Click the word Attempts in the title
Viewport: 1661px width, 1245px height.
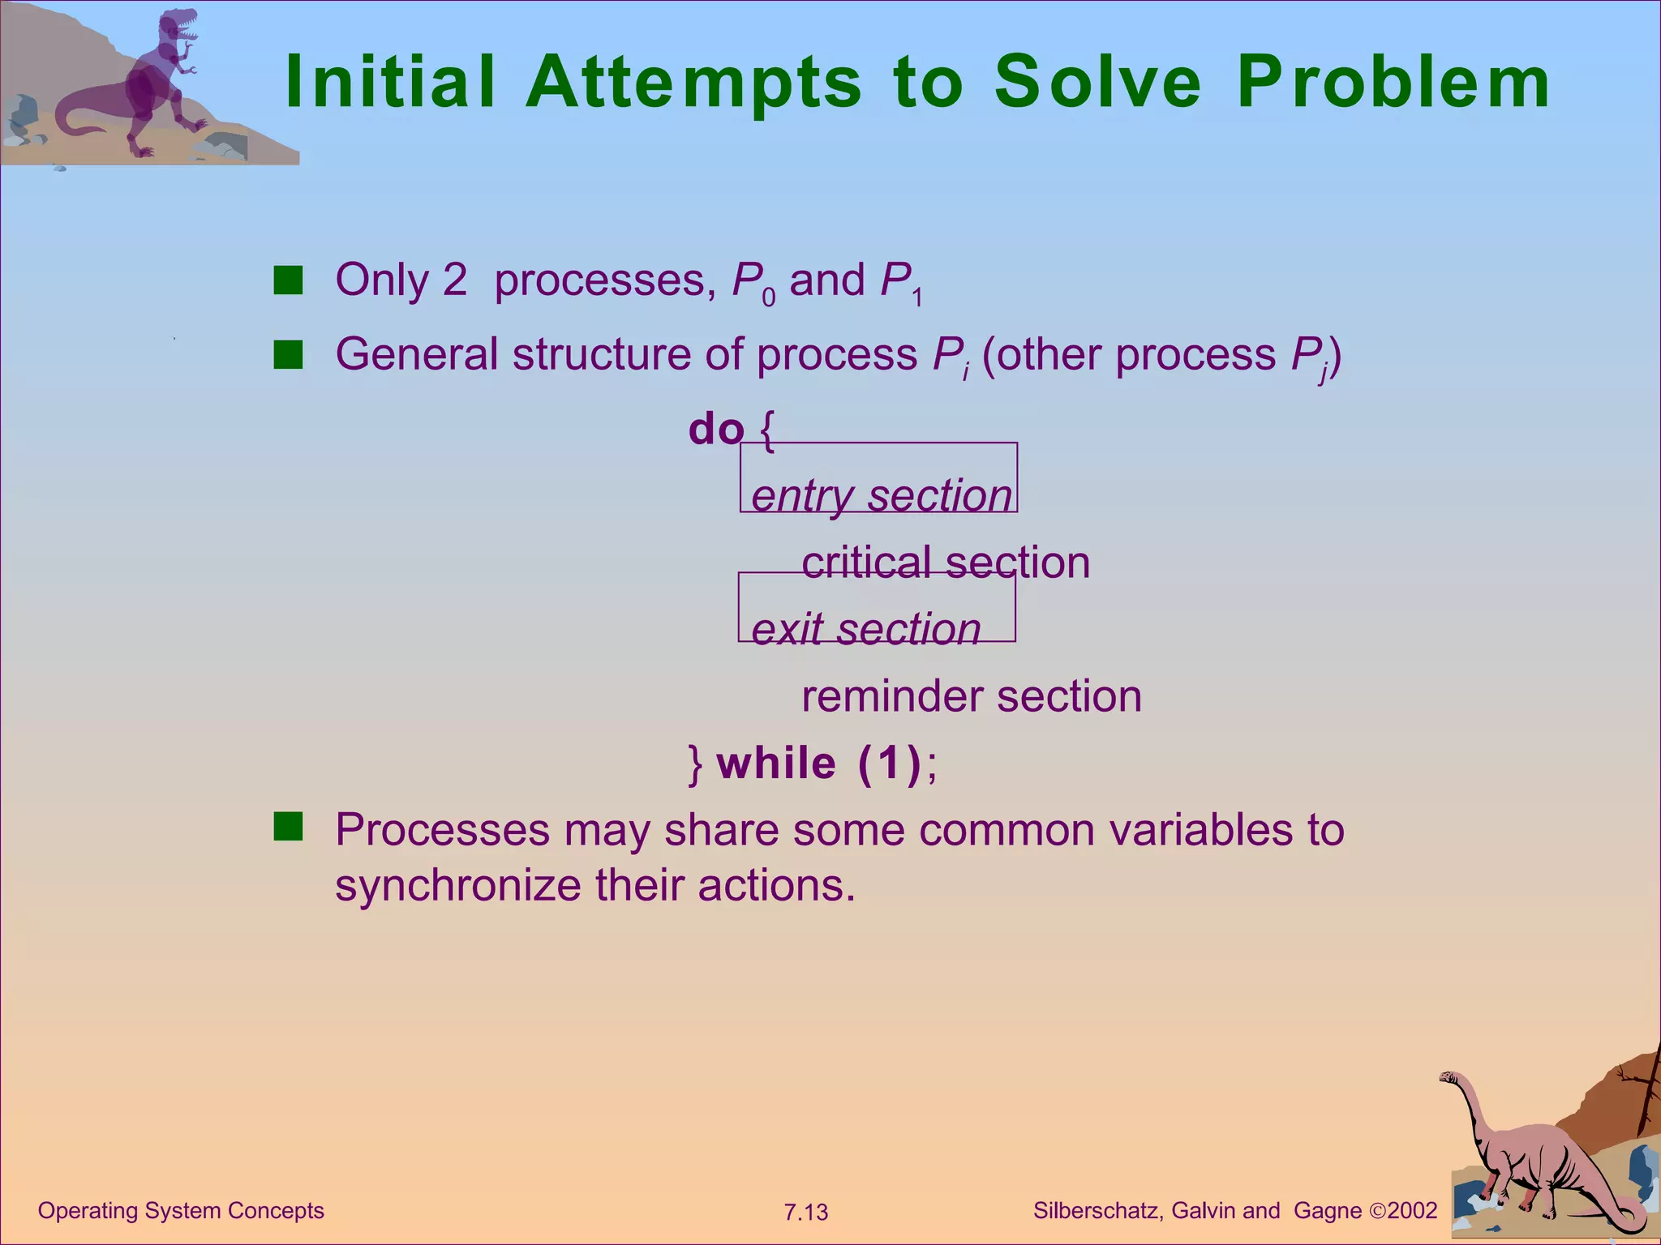point(694,83)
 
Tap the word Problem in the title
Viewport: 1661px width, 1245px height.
point(1393,83)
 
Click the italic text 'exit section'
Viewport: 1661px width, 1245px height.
point(865,628)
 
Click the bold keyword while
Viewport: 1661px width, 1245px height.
point(776,763)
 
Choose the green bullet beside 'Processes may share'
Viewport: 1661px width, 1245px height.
point(288,827)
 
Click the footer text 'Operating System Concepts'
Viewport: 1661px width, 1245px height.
point(181,1211)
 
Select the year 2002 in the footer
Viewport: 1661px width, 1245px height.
point(1412,1211)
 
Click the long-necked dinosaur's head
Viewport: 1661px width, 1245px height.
point(1448,1078)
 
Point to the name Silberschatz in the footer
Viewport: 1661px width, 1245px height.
point(1099,1211)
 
